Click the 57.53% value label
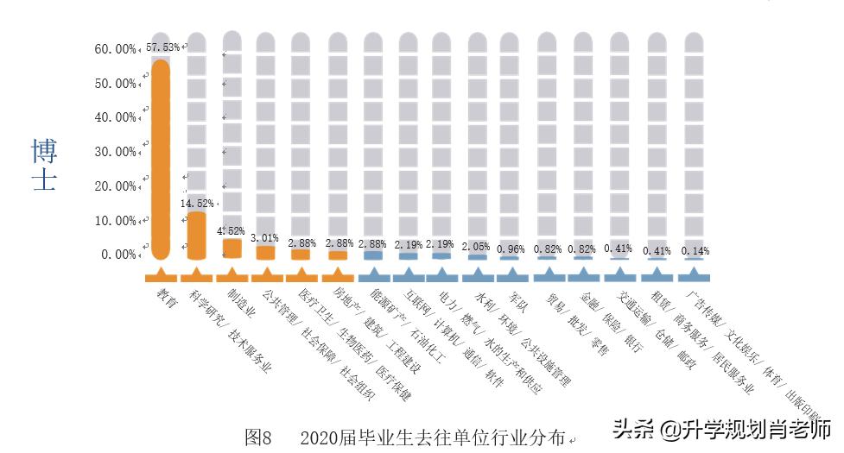point(162,47)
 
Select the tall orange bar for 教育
point(161,160)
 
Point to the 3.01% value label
point(264,237)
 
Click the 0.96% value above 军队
point(512,249)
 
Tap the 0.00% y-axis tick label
point(117,255)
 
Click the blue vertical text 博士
point(44,165)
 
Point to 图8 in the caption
point(258,437)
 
